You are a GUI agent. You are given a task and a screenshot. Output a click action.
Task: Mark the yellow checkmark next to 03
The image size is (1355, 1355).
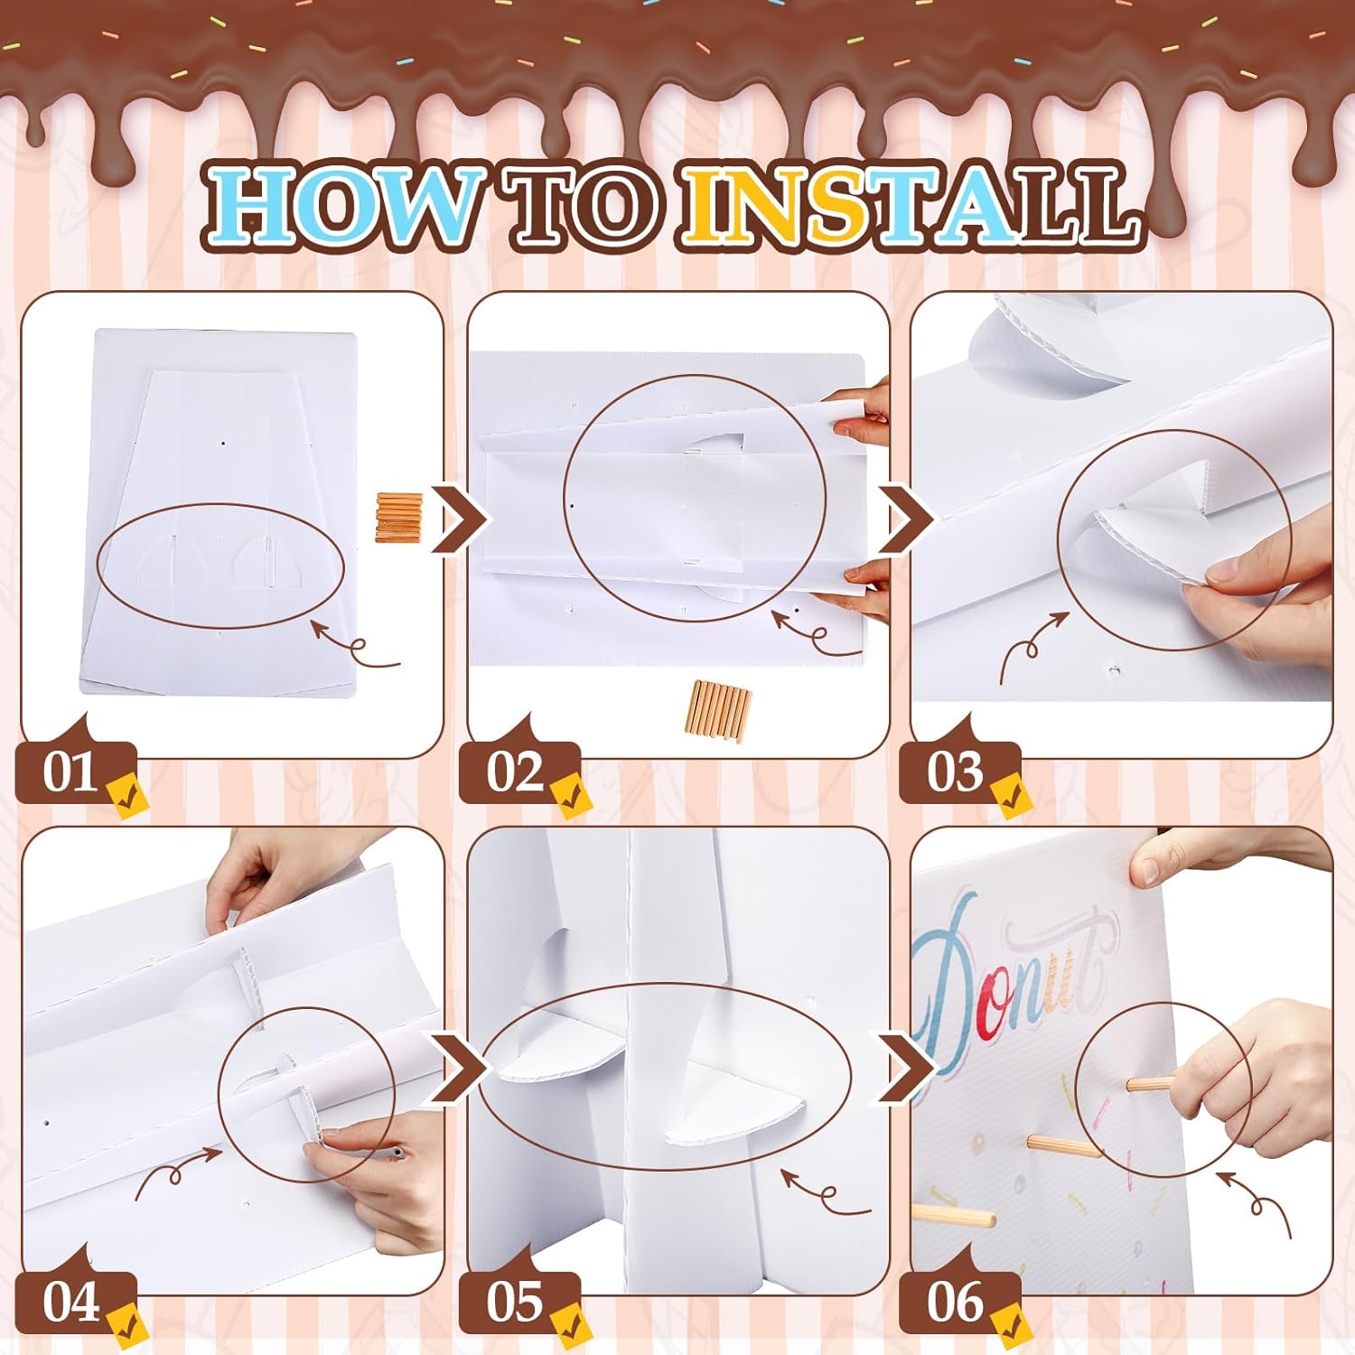[1010, 795]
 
